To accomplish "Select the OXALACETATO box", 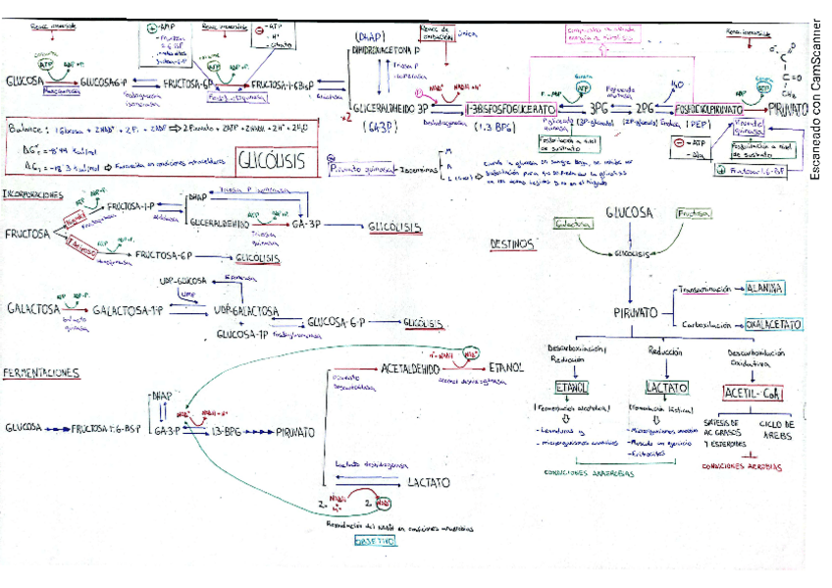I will (x=772, y=323).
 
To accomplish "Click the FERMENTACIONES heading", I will (x=41, y=374).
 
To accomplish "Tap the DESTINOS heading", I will (x=514, y=243).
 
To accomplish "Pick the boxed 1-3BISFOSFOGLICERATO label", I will (x=509, y=107).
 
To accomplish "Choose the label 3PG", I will (x=599, y=107).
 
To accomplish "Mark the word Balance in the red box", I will (x=29, y=129).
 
